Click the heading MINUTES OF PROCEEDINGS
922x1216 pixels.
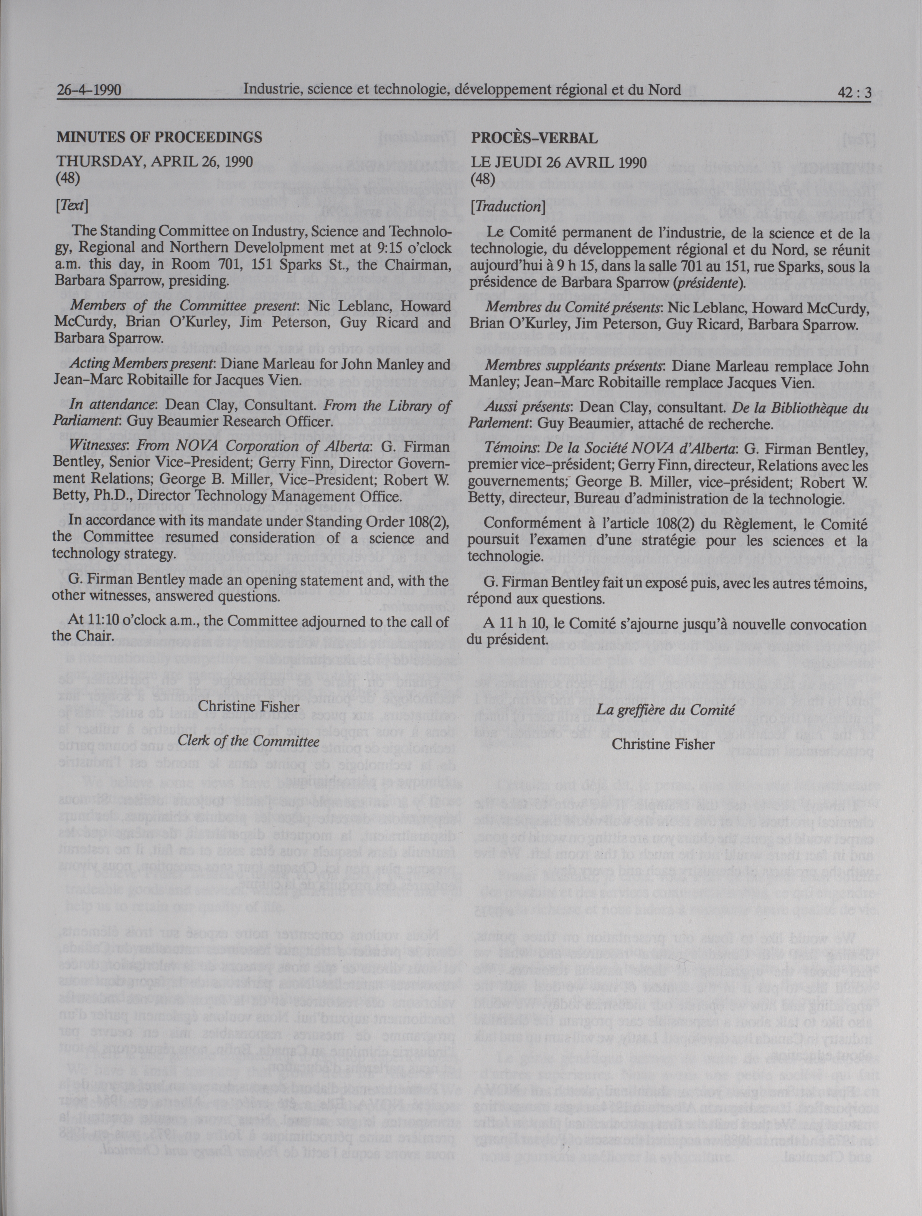coord(159,137)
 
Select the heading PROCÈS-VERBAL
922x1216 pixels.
coord(534,138)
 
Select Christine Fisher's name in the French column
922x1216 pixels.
coord(663,744)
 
